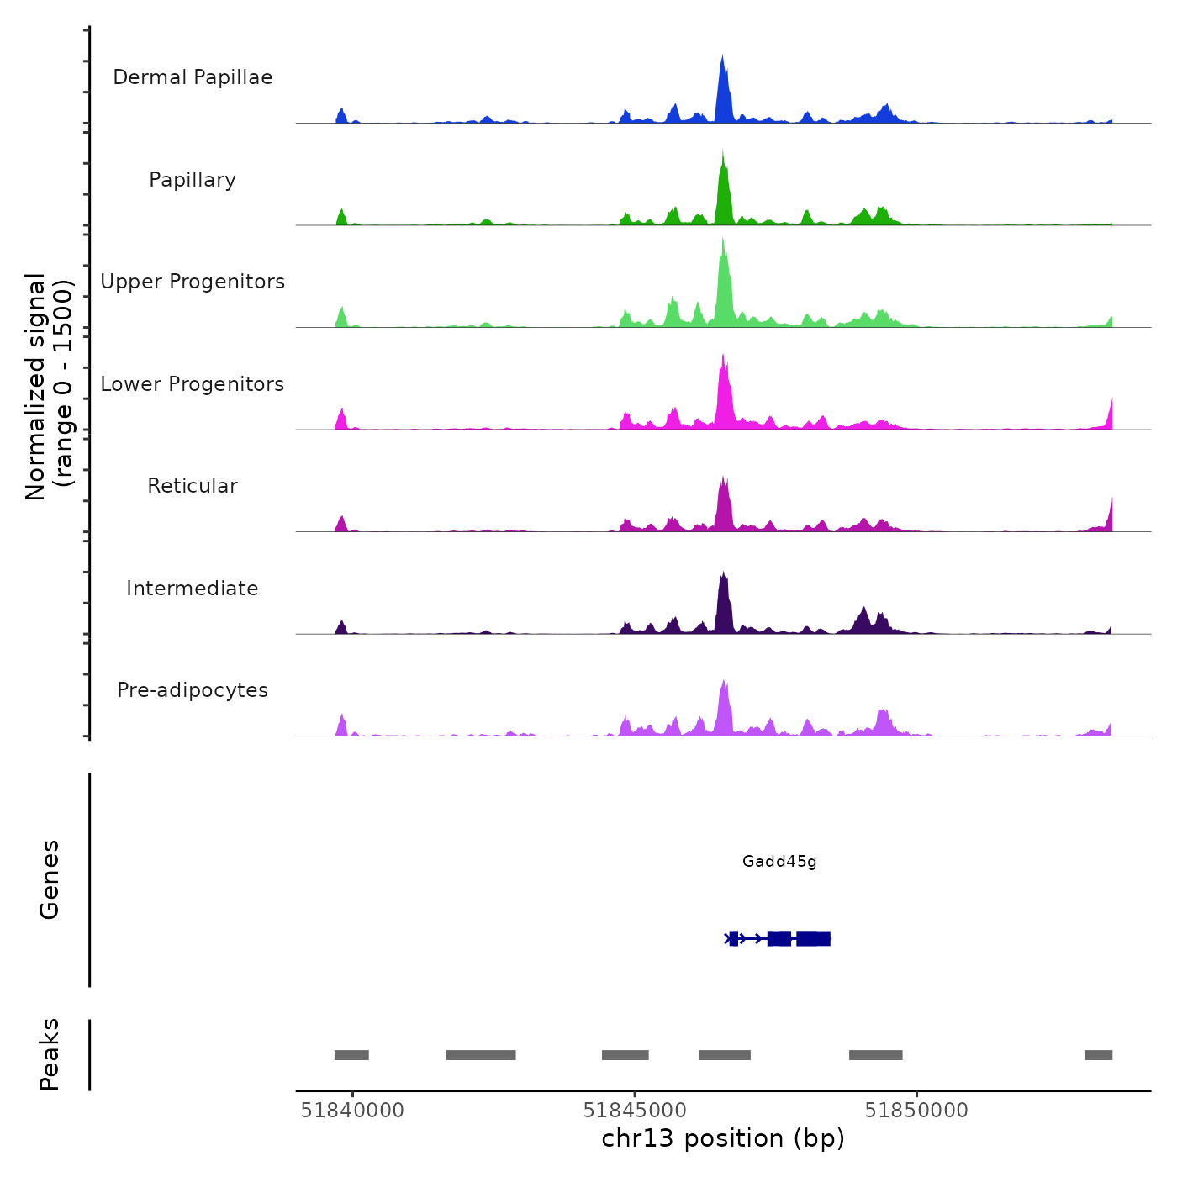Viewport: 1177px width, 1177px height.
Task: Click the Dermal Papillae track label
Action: (x=193, y=77)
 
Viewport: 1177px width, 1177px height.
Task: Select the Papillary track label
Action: (x=193, y=180)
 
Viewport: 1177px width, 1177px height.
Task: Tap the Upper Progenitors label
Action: (x=193, y=282)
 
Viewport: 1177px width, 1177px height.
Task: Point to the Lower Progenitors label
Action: (x=193, y=384)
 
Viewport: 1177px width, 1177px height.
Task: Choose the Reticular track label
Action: (x=193, y=486)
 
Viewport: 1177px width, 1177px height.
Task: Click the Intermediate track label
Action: (x=193, y=588)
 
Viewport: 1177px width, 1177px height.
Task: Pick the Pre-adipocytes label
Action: (x=193, y=690)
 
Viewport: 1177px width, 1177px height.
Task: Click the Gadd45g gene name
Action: (x=779, y=861)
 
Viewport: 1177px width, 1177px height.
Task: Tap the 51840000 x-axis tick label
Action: (x=352, y=1111)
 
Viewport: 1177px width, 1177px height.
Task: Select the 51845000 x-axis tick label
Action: (x=635, y=1111)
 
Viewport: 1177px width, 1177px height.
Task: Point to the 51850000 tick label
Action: (x=916, y=1111)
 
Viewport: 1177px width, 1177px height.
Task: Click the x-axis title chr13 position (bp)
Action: (x=723, y=1138)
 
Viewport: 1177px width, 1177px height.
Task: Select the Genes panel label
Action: (x=50, y=879)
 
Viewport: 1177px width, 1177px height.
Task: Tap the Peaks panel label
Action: (x=50, y=1054)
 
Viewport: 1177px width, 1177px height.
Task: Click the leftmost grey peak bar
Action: (x=351, y=1055)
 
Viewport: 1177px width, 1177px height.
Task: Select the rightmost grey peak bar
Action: (x=1098, y=1055)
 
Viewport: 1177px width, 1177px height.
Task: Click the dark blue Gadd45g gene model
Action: (x=779, y=938)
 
